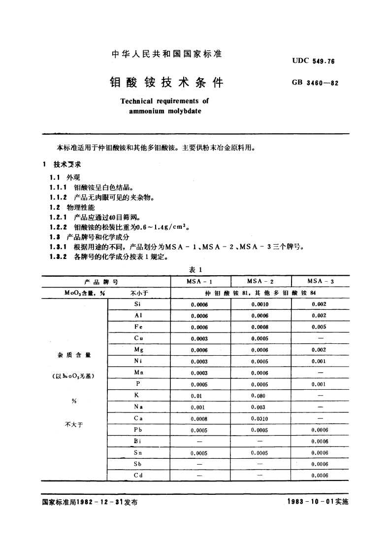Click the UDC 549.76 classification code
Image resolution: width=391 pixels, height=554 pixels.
313,61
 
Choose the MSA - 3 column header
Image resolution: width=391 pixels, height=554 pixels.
321,281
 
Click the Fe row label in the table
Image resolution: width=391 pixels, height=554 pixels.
138,327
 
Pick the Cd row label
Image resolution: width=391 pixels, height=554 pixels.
138,475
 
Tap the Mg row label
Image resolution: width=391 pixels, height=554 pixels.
138,350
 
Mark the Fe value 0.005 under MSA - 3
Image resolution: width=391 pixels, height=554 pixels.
320,327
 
